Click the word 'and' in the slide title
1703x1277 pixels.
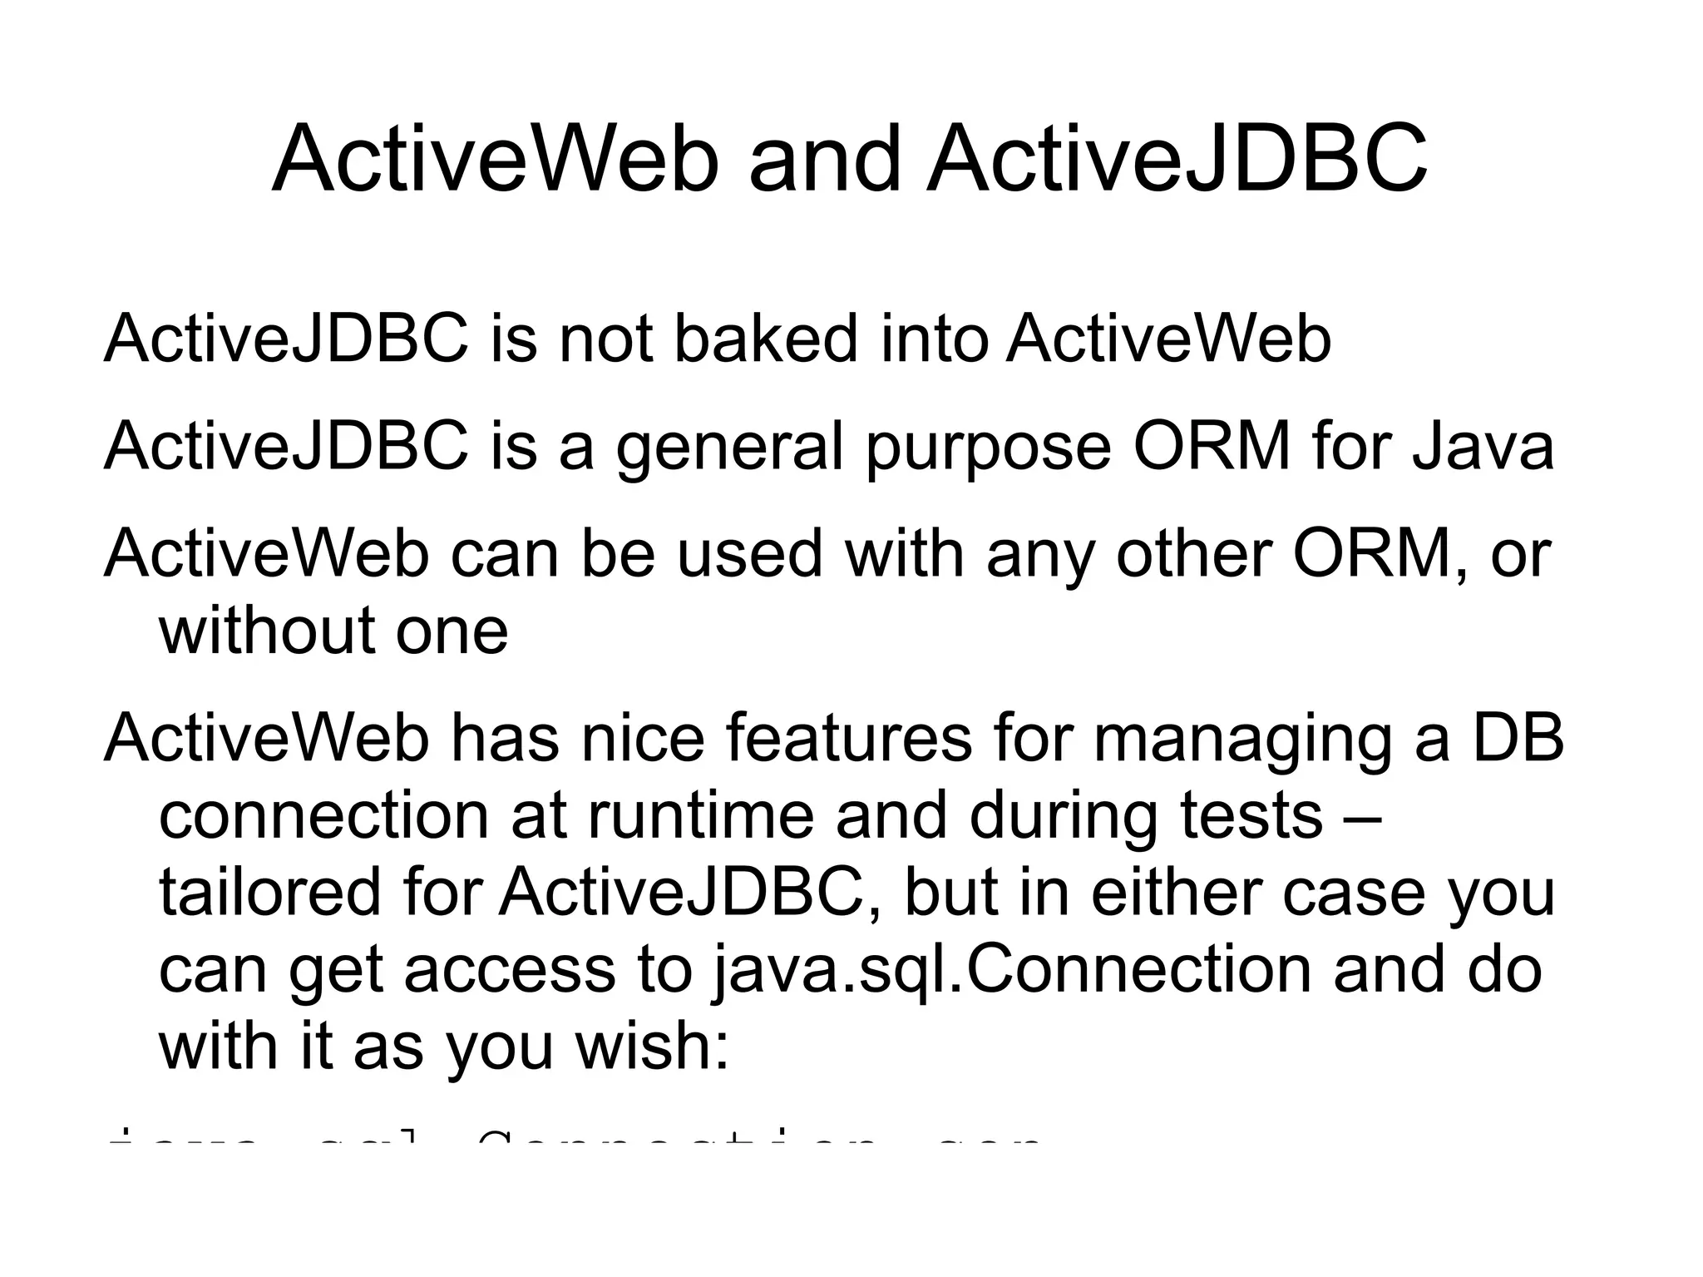(824, 160)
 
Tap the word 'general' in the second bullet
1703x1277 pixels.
(730, 447)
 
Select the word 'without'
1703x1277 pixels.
(265, 630)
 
